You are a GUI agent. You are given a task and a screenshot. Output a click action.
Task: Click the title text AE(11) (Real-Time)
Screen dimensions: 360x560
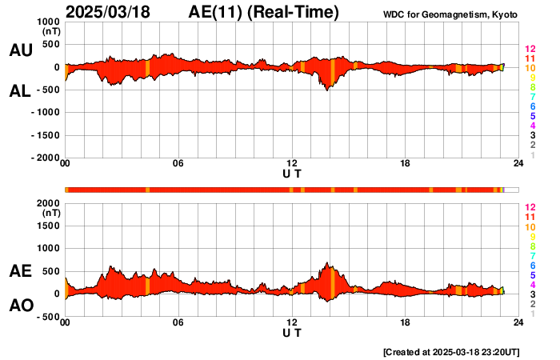pyautogui.click(x=264, y=12)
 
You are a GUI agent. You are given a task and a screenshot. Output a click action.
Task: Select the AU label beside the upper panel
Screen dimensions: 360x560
pyautogui.click(x=21, y=50)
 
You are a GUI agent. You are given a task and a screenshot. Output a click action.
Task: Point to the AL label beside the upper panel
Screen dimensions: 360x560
pyautogui.click(x=21, y=91)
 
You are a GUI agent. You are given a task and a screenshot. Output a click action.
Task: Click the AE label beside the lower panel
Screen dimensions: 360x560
pyautogui.click(x=21, y=272)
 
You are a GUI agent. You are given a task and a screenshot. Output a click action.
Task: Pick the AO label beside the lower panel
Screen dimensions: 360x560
pyautogui.click(x=21, y=306)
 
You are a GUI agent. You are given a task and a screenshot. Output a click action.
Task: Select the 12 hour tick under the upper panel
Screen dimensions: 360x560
pyautogui.click(x=292, y=164)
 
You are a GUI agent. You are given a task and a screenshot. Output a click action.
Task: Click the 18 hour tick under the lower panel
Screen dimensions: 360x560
pyautogui.click(x=406, y=322)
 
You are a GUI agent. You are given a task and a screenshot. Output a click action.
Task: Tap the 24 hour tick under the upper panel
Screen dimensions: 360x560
pyautogui.click(x=518, y=164)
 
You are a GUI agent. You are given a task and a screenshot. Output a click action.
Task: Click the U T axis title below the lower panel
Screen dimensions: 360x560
pyautogui.click(x=292, y=333)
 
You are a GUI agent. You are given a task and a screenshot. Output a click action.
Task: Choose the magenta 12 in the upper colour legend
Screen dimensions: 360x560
pyautogui.click(x=530, y=50)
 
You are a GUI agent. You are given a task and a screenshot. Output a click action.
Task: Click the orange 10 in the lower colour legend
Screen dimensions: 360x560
pyautogui.click(x=530, y=227)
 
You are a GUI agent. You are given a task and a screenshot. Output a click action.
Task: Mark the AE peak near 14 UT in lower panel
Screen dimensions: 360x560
pyautogui.click(x=327, y=263)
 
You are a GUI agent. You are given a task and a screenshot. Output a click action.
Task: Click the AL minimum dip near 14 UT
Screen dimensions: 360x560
pyautogui.click(x=327, y=90)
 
